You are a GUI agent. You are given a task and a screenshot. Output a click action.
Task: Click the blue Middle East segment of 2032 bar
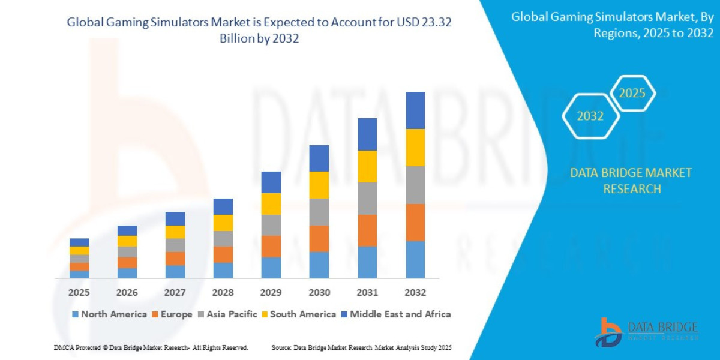point(415,110)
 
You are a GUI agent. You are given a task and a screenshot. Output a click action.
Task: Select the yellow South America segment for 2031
point(367,166)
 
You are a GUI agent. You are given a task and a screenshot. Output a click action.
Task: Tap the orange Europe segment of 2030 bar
point(319,238)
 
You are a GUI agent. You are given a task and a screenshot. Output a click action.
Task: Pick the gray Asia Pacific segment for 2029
point(271,225)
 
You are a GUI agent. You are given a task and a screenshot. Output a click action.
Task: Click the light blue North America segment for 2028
point(223,271)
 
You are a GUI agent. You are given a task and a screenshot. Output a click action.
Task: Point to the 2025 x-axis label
point(79,293)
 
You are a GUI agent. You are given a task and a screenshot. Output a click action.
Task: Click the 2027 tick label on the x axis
point(175,293)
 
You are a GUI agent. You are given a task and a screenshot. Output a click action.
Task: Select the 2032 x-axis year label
point(415,293)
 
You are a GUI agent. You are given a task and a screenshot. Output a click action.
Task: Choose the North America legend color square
point(75,314)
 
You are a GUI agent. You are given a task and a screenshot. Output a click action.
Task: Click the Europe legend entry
point(172,314)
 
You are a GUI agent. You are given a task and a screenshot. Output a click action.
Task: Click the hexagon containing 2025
point(632,93)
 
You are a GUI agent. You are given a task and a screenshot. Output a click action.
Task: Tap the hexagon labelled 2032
point(590,116)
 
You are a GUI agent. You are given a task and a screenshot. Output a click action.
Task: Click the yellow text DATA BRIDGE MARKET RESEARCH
point(631,181)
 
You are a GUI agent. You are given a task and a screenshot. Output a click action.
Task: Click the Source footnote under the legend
point(361,348)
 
